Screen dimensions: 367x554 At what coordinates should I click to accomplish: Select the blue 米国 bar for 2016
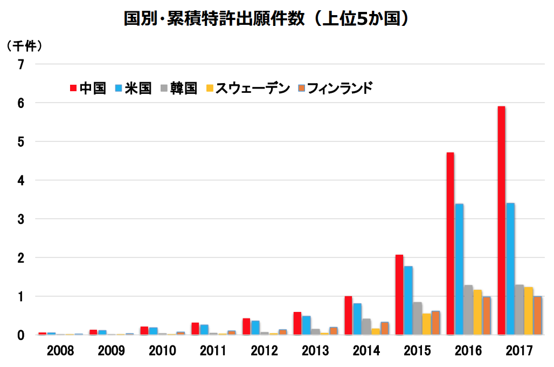[459, 269]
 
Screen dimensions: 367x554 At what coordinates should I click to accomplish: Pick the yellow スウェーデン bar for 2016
[477, 312]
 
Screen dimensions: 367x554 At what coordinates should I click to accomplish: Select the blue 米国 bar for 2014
[357, 319]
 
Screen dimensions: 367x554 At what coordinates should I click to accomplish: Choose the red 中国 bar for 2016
[450, 243]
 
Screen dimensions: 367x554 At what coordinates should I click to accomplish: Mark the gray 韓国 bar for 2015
[417, 318]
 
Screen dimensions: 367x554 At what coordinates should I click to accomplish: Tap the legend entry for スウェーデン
[248, 88]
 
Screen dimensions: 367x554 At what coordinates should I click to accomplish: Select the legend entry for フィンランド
[335, 88]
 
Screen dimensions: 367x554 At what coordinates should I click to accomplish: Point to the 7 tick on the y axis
[21, 64]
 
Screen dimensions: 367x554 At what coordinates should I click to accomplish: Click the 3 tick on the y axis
[21, 219]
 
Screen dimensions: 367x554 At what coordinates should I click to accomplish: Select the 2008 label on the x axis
[60, 351]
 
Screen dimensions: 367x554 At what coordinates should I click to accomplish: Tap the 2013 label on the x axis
[315, 351]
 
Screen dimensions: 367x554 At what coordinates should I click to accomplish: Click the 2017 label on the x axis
[519, 351]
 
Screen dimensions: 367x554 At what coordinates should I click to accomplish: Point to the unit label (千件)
[24, 46]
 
